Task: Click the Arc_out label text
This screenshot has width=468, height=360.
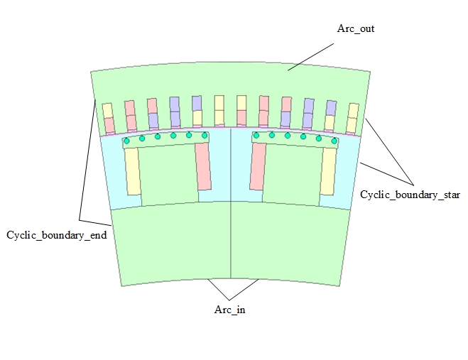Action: click(x=355, y=29)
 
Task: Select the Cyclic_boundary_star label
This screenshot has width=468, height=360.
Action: click(x=411, y=194)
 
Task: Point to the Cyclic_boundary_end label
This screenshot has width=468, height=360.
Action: click(x=56, y=234)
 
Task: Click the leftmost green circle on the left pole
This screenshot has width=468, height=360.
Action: click(x=126, y=141)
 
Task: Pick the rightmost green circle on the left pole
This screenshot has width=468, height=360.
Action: click(x=205, y=135)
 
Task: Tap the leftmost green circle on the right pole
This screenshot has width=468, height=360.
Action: click(x=256, y=135)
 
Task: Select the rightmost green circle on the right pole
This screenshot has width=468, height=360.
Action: click(x=334, y=141)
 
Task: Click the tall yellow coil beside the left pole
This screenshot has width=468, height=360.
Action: click(x=132, y=170)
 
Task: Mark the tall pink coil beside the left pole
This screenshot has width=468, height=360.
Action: click(x=204, y=166)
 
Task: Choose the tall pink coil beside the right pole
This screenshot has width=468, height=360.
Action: click(x=257, y=166)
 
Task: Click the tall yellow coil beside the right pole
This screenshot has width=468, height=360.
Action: click(x=328, y=170)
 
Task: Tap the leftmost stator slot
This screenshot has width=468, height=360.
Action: click(x=108, y=119)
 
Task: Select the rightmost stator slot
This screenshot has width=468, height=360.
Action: click(x=352, y=119)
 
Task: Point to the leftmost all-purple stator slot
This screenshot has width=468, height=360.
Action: click(x=174, y=112)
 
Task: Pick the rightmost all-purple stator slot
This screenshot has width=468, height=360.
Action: click(x=308, y=113)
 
